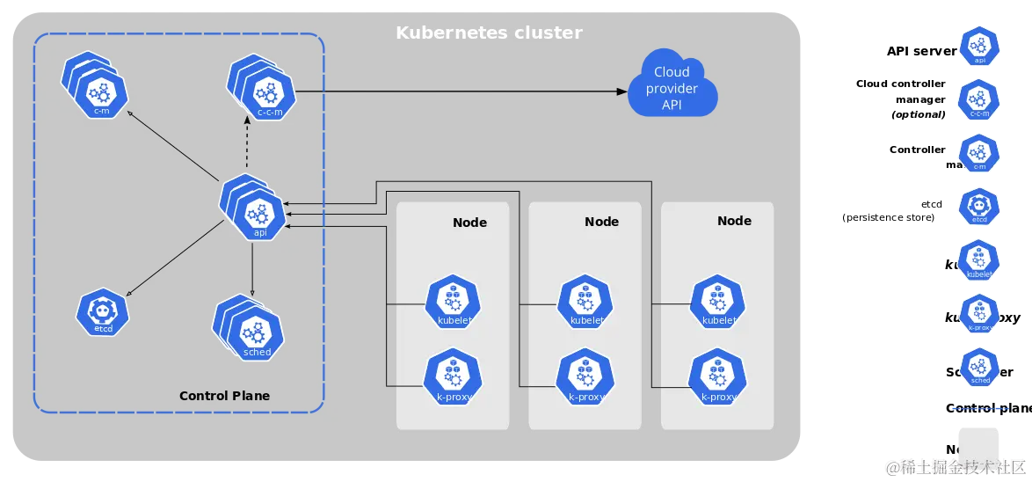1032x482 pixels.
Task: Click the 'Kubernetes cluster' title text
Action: pyautogui.click(x=489, y=33)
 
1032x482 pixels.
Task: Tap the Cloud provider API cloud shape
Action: pyautogui.click(x=672, y=88)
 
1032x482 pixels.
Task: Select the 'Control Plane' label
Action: pyautogui.click(x=224, y=396)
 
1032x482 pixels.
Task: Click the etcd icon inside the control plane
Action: pyautogui.click(x=103, y=311)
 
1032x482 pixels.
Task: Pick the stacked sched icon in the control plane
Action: pyautogui.click(x=253, y=334)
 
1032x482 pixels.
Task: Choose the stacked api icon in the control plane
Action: pyautogui.click(x=258, y=213)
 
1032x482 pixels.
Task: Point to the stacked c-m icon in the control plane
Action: pyautogui.click(x=98, y=91)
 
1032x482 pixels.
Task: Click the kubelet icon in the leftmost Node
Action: pyautogui.click(x=454, y=304)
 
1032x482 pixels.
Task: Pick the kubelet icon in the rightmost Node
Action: pyautogui.click(x=718, y=304)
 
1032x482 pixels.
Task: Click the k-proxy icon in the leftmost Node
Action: pyautogui.click(x=453, y=377)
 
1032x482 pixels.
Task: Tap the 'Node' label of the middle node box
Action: pyautogui.click(x=601, y=222)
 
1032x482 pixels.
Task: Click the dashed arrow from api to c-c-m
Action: pyautogui.click(x=247, y=147)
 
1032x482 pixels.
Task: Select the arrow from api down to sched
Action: pyautogui.click(x=253, y=268)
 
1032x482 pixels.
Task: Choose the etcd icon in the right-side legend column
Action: pyautogui.click(x=979, y=208)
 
